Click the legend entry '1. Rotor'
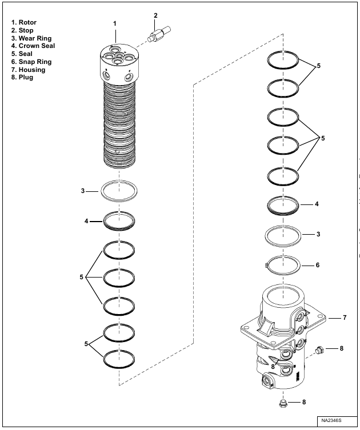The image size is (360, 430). point(24,22)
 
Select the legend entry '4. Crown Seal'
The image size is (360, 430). point(33,46)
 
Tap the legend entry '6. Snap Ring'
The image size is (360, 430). point(31,62)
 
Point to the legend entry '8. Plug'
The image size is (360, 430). point(22,77)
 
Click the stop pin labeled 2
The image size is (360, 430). point(159,34)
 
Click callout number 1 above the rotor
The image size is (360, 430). point(115,23)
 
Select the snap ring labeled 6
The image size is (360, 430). point(283,265)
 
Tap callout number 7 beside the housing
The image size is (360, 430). point(345,318)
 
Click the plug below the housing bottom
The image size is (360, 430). point(283,403)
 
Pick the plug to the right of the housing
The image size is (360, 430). point(319,350)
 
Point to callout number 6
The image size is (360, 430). point(318,265)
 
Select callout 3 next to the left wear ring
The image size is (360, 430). point(83,191)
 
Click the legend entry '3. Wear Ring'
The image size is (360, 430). point(31,38)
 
